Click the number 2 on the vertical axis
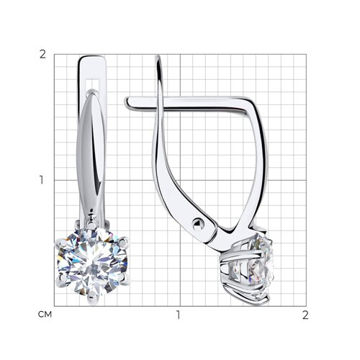[42, 55]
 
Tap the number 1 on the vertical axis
[42, 180]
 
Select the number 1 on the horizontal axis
[178, 315]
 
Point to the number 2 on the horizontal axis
[305, 315]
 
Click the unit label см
[45, 315]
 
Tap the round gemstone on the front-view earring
[92, 262]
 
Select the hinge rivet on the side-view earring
[198, 225]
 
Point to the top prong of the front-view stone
[91, 225]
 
